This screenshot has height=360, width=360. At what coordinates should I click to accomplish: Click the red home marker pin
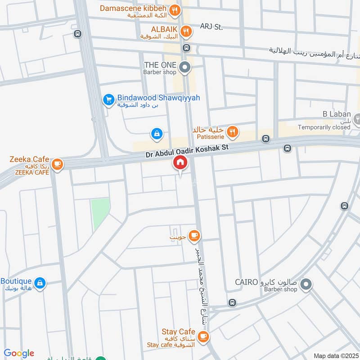pyautogui.click(x=180, y=162)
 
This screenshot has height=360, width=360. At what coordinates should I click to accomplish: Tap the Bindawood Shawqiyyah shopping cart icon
pyautogui.click(x=108, y=100)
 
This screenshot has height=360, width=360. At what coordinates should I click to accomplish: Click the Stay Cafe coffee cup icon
pyautogui.click(x=203, y=336)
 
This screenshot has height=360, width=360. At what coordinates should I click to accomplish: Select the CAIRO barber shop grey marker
pyautogui.click(x=306, y=284)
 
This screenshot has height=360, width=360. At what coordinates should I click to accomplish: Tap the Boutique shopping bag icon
pyautogui.click(x=40, y=283)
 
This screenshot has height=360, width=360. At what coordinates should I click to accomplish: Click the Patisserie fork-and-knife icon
pyautogui.click(x=232, y=131)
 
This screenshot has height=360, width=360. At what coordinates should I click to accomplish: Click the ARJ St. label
pyautogui.click(x=211, y=27)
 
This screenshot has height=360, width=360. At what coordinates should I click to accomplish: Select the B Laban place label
pyautogui.click(x=337, y=114)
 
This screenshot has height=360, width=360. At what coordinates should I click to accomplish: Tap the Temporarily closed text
pyautogui.click(x=324, y=127)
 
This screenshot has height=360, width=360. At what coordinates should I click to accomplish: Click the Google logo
pyautogui.click(x=19, y=353)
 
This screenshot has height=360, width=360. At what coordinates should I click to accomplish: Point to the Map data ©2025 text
pyautogui.click(x=335, y=355)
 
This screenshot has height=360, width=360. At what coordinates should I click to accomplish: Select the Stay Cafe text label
pyautogui.click(x=178, y=332)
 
